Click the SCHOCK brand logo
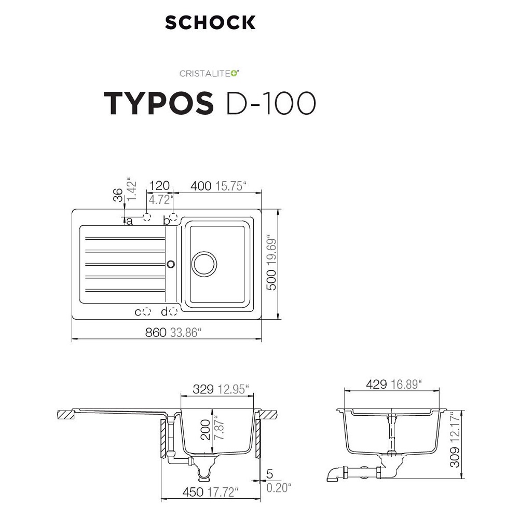pos(210,22)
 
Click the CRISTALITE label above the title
pos(209,73)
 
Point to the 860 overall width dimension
pos(156,332)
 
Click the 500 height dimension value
pos(271,280)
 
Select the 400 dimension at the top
pos(201,186)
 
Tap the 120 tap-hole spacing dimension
pos(159,186)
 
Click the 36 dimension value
pos(118,195)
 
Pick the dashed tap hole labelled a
pos(147,217)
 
